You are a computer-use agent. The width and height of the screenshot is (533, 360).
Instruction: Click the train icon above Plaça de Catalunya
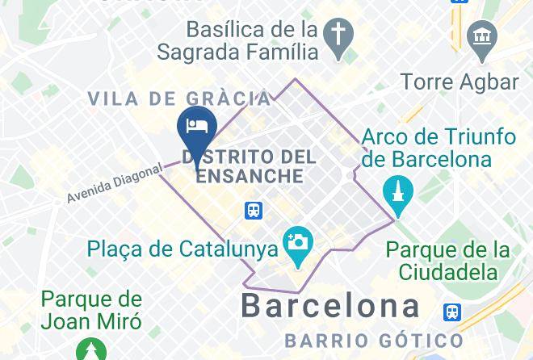254,211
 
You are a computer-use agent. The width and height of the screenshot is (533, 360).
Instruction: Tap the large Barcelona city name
331,307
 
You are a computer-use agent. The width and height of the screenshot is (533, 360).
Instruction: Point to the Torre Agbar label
459,82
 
